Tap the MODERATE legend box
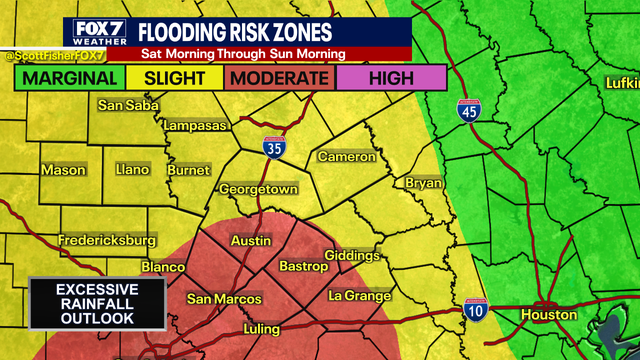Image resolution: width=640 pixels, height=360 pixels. (281, 77)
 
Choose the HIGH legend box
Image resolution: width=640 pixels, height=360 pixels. (391, 77)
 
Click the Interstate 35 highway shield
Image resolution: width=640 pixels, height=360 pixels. (274, 148)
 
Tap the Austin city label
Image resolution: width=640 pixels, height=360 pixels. (250, 241)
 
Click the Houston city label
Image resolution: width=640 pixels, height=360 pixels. (548, 315)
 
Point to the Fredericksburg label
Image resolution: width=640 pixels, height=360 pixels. (107, 241)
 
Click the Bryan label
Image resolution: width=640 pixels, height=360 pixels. (424, 183)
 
